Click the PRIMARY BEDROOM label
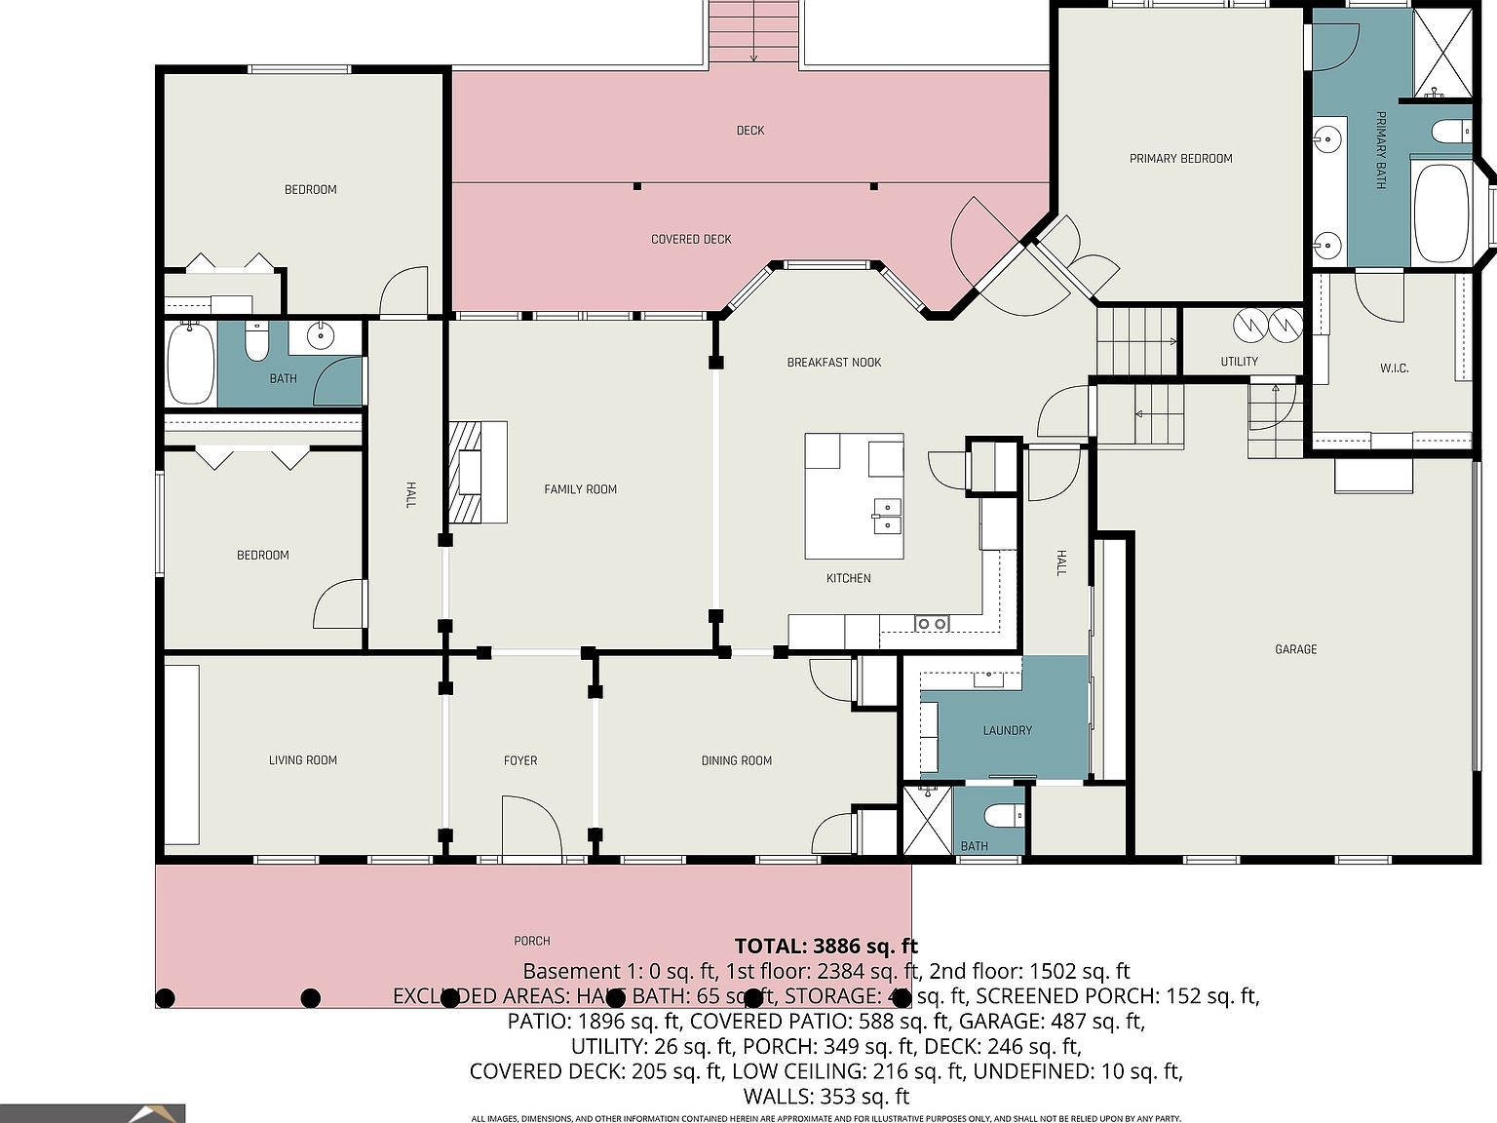(x=1180, y=158)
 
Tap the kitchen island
(x=854, y=496)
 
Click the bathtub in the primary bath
(x=1441, y=213)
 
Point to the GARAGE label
(x=1295, y=649)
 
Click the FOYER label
(x=520, y=760)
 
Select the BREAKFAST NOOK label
(x=833, y=363)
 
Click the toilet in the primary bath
(x=1452, y=131)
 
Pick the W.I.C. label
(x=1394, y=368)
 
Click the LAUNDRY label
(x=1007, y=730)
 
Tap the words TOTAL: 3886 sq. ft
(x=825, y=946)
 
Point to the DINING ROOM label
(x=736, y=760)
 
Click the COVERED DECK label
(x=691, y=239)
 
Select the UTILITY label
(x=1239, y=362)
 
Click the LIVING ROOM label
(x=302, y=760)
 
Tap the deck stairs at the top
(x=753, y=32)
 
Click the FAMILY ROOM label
(x=580, y=489)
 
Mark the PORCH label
(x=532, y=941)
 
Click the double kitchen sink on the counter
(x=932, y=623)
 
